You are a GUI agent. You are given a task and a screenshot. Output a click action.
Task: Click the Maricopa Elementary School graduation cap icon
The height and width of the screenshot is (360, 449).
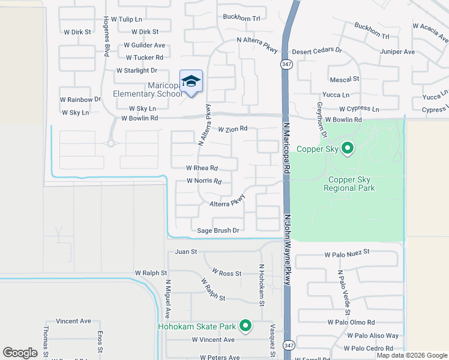tap(191, 82)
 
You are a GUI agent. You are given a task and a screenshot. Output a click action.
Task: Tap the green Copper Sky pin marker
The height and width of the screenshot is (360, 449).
tap(347, 148)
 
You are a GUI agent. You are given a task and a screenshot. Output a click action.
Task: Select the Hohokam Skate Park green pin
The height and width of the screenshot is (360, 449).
tap(245, 326)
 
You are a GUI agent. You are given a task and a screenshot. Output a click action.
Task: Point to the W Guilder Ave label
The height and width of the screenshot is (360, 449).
tap(144, 45)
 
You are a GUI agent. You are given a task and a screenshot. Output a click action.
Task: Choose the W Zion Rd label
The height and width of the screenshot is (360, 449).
tap(232, 129)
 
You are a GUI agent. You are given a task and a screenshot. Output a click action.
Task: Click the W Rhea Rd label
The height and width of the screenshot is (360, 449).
tap(201, 168)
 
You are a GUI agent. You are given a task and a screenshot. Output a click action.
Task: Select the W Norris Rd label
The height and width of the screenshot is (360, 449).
tap(204, 181)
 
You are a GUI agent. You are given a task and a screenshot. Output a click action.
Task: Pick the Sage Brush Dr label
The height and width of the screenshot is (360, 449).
tap(218, 230)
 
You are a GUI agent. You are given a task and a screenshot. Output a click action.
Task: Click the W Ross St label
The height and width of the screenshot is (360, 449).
tap(221, 273)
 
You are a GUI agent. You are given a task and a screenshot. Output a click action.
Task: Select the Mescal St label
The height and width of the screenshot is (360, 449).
tap(344, 79)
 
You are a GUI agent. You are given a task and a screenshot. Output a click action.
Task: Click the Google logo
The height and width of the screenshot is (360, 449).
tap(20, 353)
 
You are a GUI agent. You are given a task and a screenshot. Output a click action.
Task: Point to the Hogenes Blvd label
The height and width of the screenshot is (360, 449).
tap(105, 36)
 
